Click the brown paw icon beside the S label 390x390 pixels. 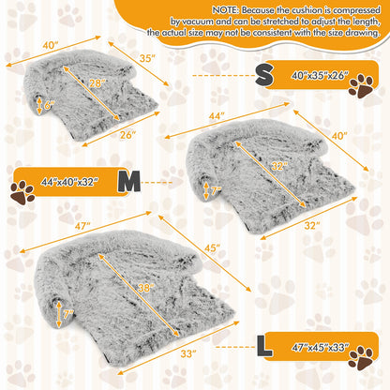[x=360, y=85]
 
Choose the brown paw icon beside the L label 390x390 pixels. [x=361, y=359]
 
